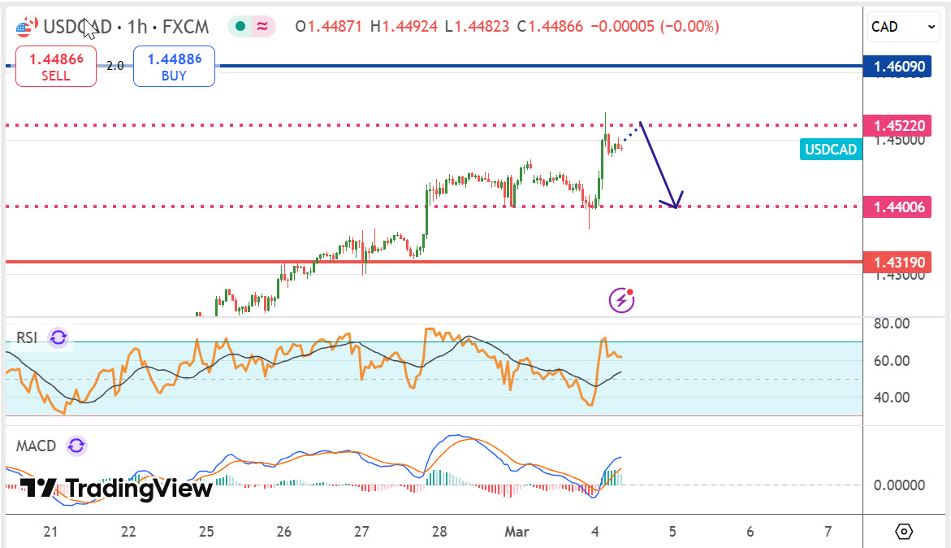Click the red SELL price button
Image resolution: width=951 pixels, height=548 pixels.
point(55,67)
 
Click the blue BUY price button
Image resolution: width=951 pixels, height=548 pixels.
point(174,67)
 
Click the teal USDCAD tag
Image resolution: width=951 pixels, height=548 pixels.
point(831,149)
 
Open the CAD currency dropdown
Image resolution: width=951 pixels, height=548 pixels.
point(903,27)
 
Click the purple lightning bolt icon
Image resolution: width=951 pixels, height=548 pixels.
point(621,300)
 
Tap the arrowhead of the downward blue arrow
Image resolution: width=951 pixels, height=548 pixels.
point(673,202)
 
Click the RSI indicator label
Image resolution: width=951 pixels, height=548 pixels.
point(28,337)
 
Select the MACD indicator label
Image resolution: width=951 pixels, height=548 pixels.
point(37,446)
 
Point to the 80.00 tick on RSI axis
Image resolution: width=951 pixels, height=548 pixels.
point(890,324)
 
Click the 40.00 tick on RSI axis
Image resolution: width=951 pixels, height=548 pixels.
point(890,398)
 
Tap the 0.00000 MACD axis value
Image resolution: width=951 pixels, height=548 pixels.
point(899,485)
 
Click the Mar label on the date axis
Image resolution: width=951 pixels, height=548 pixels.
point(517,532)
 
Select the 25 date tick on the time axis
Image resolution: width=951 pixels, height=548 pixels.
point(205,532)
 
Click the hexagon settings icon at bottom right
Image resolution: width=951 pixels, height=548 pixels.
point(904,532)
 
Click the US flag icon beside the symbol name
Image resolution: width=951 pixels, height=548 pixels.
point(25,28)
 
